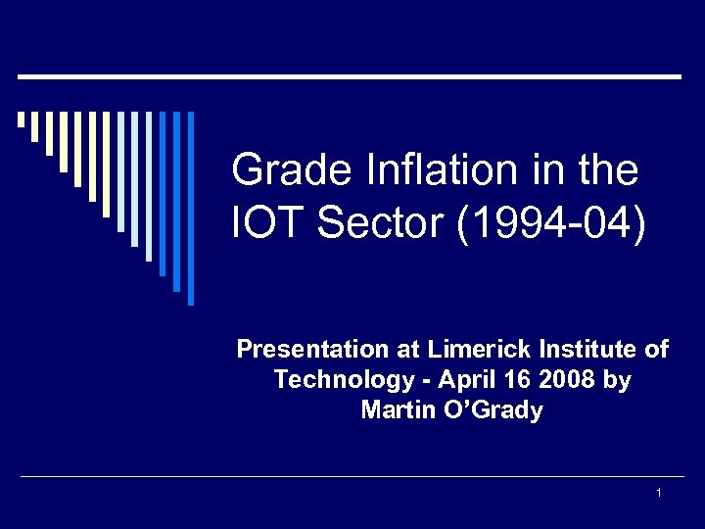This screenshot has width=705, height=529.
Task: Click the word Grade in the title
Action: pos(275,171)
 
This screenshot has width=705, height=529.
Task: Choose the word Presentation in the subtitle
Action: pos(313,350)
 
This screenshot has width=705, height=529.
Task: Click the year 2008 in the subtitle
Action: pos(569,380)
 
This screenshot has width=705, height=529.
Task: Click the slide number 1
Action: pos(659,492)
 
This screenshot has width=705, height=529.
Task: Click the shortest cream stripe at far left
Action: pos(21,120)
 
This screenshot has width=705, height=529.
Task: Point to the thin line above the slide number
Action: pos(352,477)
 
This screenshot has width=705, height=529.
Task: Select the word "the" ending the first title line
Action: pos(608,171)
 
